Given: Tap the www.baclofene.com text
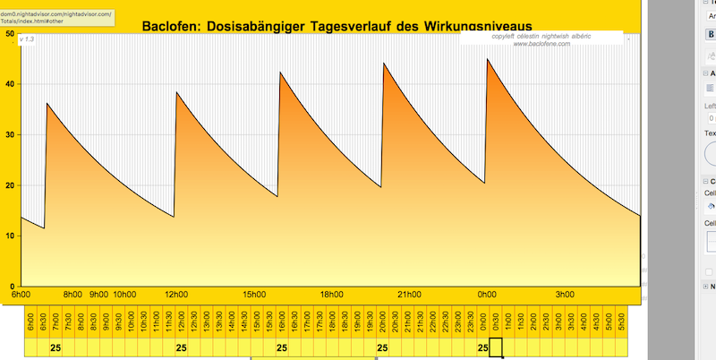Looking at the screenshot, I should coord(541,43).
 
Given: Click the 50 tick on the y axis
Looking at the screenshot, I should coord(9,34).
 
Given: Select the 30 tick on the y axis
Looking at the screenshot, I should coord(9,135).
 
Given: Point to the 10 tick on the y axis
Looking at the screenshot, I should coord(9,236).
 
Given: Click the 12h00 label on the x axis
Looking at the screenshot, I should coord(177,294).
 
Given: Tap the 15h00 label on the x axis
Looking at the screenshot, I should coord(255,294).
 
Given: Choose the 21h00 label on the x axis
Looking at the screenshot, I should coord(410,294).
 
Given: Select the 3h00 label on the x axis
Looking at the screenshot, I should coord(565,294).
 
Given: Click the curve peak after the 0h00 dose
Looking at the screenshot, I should coord(488,59).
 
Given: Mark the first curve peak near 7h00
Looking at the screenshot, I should coord(47,104).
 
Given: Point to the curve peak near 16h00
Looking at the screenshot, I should coord(281,72).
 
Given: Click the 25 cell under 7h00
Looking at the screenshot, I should coord(55,347).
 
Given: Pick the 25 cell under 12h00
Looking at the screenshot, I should coord(181,347).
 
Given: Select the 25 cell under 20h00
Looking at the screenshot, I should coord(382,347).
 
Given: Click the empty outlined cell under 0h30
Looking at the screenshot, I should coord(496,347).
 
